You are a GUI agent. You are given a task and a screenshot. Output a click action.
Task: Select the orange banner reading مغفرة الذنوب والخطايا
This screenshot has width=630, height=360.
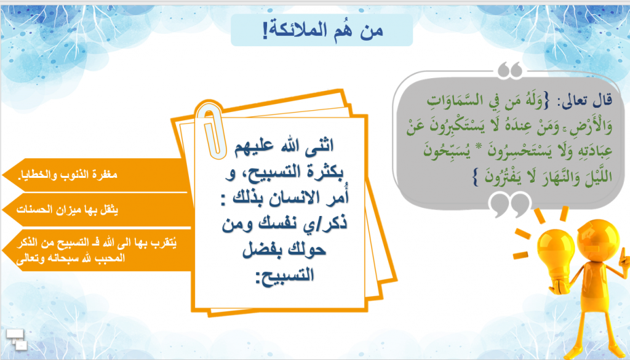(x=92, y=174)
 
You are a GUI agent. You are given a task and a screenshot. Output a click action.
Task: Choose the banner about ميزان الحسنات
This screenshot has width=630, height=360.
(x=92, y=210)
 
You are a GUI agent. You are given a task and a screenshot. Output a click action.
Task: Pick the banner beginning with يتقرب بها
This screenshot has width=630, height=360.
(x=92, y=251)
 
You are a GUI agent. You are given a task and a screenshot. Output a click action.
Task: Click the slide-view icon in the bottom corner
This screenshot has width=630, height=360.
(x=17, y=338)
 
